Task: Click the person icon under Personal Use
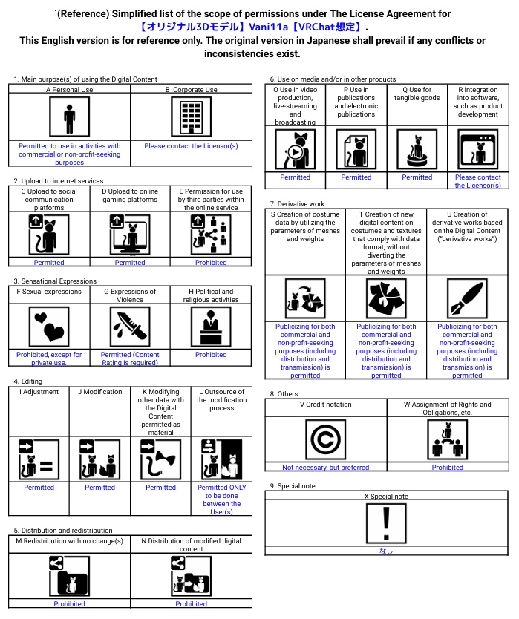69,117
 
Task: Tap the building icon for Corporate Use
191,117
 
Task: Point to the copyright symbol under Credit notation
325,439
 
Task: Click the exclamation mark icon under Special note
386,523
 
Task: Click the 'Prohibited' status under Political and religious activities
211,355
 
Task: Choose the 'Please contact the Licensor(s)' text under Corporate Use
191,146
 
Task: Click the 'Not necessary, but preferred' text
325,468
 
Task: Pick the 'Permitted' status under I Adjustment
39,488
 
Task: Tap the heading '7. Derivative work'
297,203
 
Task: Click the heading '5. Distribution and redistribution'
63,531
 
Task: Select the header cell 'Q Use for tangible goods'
417,94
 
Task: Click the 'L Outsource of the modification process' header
221,396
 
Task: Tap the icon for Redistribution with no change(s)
69,576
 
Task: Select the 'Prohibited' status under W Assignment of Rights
447,468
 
